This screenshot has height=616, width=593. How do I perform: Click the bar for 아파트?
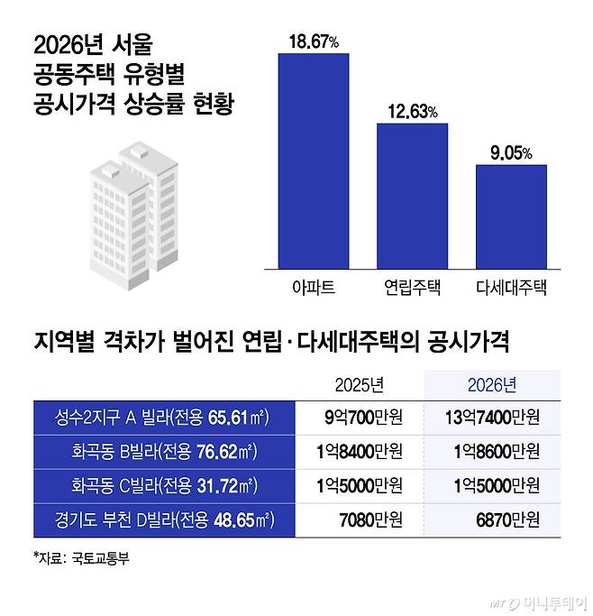314,160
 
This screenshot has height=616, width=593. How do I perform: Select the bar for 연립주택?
412,194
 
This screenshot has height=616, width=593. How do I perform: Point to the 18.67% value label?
314,41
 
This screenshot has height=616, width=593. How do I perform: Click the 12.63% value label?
412,112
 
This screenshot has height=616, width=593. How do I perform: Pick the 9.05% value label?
511,153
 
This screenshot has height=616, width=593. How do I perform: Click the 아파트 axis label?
314,288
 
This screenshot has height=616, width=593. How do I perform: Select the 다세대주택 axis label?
511,288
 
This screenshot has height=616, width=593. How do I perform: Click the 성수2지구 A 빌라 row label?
163,417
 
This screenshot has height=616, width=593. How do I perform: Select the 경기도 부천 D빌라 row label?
163,520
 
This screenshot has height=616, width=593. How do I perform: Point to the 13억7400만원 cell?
492,417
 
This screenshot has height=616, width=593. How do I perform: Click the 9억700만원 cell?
360,417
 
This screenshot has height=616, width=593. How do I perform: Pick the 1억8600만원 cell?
492,452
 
